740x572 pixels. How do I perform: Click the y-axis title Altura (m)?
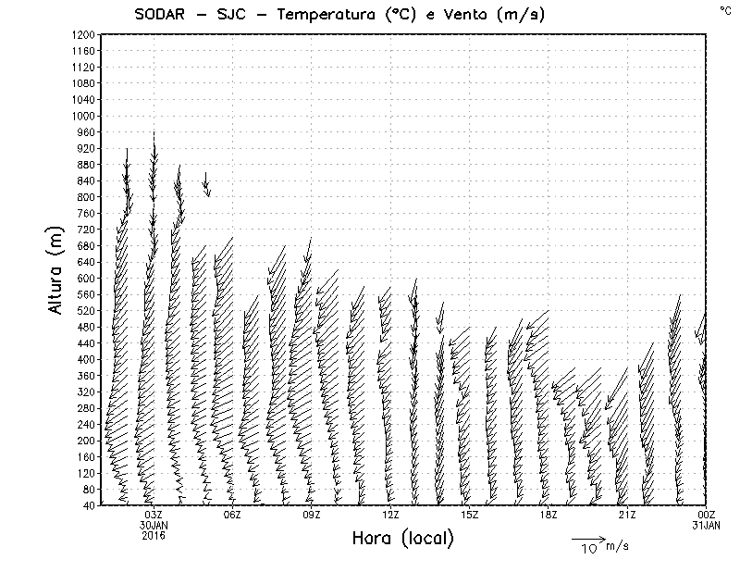(56, 269)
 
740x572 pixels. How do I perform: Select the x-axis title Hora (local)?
(402, 539)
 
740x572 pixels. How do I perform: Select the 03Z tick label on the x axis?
(154, 515)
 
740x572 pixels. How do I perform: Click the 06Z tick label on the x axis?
(232, 515)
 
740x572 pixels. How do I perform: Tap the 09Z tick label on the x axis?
(312, 515)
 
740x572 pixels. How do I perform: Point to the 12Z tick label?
(390, 515)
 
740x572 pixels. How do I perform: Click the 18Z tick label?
(549, 515)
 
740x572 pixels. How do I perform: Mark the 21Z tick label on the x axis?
(627, 515)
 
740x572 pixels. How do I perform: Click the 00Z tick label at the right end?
(706, 515)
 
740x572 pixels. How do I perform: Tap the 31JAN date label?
(706, 525)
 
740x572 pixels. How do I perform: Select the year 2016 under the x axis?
(154, 535)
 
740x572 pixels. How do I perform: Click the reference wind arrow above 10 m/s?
(588, 537)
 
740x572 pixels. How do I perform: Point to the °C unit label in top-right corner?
(724, 9)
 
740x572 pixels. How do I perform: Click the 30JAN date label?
(154, 525)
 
